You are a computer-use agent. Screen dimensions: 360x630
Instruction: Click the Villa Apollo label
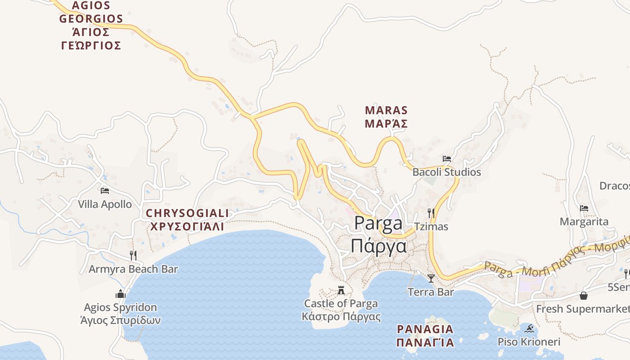point(105,204)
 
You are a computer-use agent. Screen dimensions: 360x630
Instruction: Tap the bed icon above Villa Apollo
point(105,191)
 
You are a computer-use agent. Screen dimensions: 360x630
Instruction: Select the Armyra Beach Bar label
point(133,269)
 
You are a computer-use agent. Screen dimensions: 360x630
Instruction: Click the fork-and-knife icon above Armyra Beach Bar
point(133,256)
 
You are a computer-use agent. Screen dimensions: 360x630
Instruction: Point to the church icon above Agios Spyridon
point(121,294)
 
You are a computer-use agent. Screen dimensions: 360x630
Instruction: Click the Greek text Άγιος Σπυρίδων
point(120,320)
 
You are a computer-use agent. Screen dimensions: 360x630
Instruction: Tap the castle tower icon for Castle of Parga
point(341,290)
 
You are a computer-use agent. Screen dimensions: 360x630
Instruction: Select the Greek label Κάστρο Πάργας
point(341,316)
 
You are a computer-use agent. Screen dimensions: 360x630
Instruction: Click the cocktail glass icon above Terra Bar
point(431,279)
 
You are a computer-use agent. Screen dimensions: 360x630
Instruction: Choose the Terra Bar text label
point(431,292)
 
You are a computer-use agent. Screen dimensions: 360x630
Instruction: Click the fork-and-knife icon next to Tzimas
point(431,213)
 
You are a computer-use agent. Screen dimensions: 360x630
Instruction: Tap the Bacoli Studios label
point(446,172)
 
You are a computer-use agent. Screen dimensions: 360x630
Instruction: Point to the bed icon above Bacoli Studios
point(446,159)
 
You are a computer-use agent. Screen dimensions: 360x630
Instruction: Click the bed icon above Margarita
point(584,208)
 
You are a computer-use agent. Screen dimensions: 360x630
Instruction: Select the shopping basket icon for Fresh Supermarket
point(584,296)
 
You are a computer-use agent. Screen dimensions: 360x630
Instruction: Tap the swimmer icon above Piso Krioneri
point(529,328)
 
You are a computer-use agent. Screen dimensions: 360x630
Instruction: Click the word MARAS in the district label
point(386,110)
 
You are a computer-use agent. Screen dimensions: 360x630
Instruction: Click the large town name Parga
point(378,224)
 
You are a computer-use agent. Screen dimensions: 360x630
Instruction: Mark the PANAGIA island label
point(425,329)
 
